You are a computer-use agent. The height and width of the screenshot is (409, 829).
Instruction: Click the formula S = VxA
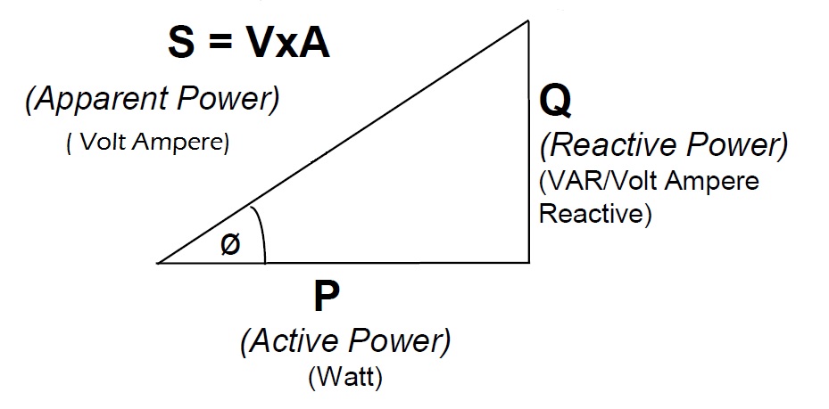coord(249,42)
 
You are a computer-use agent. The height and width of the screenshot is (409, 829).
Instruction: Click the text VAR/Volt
coord(590,182)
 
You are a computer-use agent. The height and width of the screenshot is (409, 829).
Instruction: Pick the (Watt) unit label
coord(345,378)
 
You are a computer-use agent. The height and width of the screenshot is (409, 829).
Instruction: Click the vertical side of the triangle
coord(529,143)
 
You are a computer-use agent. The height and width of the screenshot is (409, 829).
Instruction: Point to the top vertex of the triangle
coord(529,21)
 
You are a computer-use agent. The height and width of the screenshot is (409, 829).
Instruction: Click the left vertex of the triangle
coord(159,263)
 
